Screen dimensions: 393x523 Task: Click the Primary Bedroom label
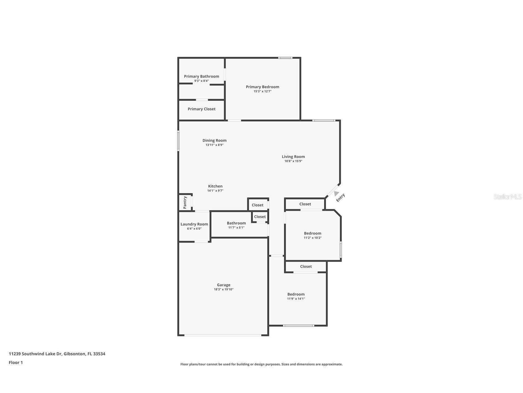(x=262, y=87)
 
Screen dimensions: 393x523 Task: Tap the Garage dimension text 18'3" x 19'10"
(x=224, y=289)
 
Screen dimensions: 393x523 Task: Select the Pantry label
(x=185, y=202)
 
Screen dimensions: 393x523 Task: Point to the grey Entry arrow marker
(x=336, y=193)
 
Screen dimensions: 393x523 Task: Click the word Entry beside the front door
(x=340, y=198)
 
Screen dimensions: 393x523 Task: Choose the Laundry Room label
(x=194, y=224)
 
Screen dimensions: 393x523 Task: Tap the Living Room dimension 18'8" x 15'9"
(x=293, y=161)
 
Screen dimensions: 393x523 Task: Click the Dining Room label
(x=214, y=141)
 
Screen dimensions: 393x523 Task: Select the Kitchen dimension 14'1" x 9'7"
(x=215, y=191)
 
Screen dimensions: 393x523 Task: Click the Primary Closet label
(x=201, y=109)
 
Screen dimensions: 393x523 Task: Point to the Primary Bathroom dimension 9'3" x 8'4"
(x=201, y=81)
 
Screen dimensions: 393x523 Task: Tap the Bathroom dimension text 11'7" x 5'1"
(x=236, y=228)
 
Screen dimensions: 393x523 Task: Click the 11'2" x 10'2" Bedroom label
(x=312, y=234)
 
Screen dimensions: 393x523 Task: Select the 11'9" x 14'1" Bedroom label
(x=296, y=294)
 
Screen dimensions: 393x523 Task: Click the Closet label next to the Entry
(x=305, y=204)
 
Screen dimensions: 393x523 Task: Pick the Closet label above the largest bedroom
(x=306, y=266)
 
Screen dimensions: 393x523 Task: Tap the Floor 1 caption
(x=16, y=363)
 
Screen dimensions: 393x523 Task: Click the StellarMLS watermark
(x=507, y=196)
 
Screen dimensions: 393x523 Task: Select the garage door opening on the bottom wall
(x=223, y=335)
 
